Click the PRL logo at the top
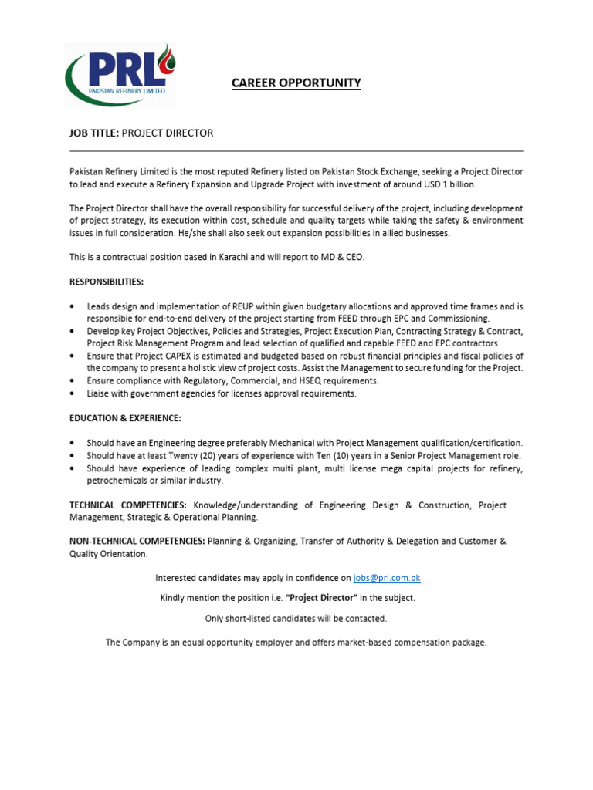click(120, 74)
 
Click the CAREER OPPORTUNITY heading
click(296, 83)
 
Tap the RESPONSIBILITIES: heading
click(107, 282)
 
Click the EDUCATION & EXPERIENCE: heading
click(125, 418)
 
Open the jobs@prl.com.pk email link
click(387, 578)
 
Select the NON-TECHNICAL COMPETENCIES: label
click(137, 542)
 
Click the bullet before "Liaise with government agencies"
click(73, 393)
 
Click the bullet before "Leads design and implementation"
click(73, 306)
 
